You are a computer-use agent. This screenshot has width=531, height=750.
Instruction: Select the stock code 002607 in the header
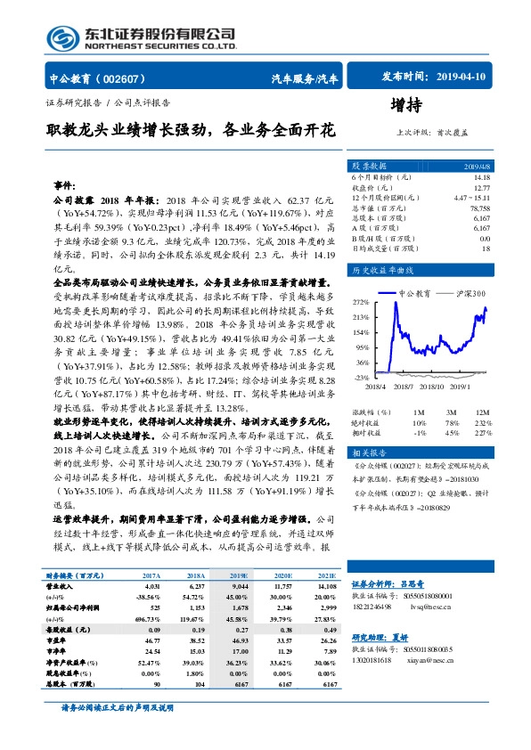click(x=127, y=78)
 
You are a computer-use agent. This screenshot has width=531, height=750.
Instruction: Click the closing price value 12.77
click(x=480, y=188)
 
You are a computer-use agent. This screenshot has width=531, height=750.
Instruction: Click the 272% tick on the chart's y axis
click(x=361, y=301)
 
